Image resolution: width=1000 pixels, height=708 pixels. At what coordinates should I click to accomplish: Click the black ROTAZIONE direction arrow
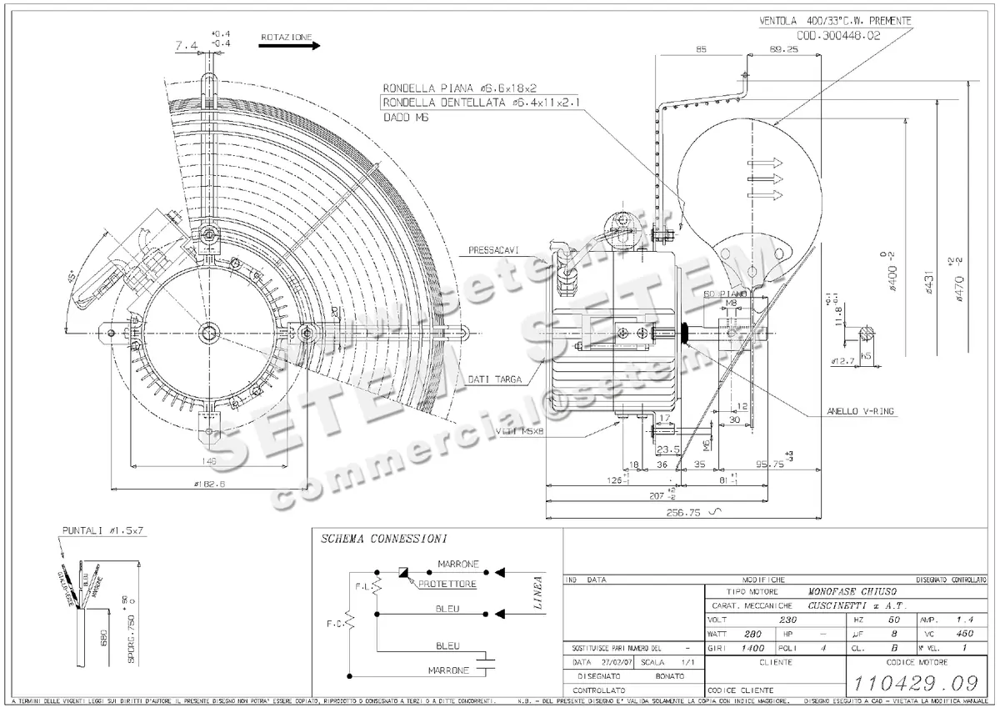[288, 48]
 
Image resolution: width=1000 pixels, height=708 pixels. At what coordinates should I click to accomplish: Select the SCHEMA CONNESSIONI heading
[384, 540]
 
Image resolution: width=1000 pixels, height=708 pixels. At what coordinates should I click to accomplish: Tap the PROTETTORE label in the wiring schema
[447, 585]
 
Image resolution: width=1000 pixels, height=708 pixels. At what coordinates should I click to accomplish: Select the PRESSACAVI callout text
[493, 249]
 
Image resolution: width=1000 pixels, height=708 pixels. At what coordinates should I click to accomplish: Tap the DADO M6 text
[401, 118]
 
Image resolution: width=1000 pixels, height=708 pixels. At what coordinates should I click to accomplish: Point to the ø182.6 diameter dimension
[209, 481]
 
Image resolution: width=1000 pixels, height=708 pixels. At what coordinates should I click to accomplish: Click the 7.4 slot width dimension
[187, 47]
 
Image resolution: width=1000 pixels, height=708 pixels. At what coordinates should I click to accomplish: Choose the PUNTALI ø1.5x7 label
[104, 530]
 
